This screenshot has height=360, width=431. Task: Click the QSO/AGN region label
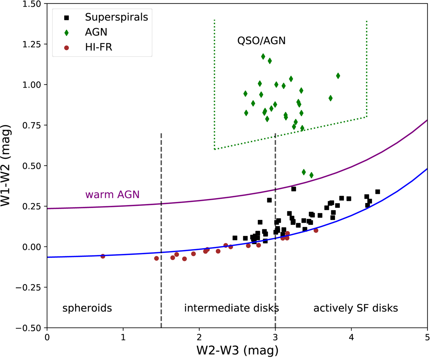(x=261, y=41)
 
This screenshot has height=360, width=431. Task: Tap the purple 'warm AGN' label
(x=112, y=195)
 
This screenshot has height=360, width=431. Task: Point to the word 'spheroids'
(x=87, y=308)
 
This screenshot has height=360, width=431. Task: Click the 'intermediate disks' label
(x=232, y=308)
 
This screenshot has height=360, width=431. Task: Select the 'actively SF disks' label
(x=356, y=308)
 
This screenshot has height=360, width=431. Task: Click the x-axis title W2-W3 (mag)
(x=237, y=349)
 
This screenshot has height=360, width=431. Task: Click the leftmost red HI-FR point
(x=103, y=256)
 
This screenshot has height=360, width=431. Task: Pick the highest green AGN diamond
(x=263, y=56)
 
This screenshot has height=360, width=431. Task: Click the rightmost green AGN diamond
(x=338, y=76)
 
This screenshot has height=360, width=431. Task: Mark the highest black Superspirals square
(x=293, y=189)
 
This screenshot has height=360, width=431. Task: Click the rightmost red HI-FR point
(x=316, y=230)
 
